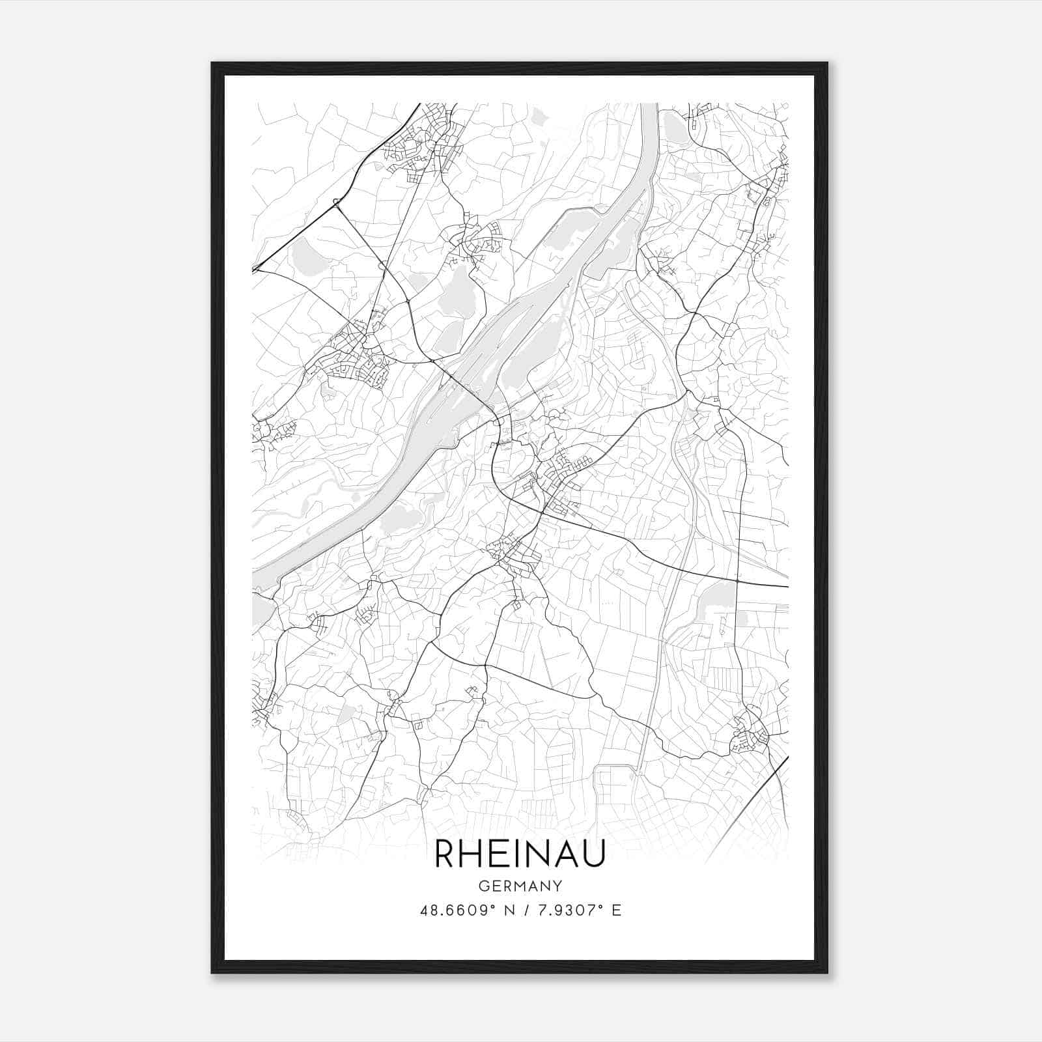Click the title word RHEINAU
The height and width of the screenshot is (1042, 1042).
[x=520, y=854]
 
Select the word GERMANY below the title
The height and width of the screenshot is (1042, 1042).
[x=520, y=886]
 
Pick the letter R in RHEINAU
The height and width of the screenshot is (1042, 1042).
[x=445, y=854]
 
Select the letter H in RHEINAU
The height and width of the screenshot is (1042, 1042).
[x=472, y=854]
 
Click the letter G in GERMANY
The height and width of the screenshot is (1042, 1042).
[x=483, y=886]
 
